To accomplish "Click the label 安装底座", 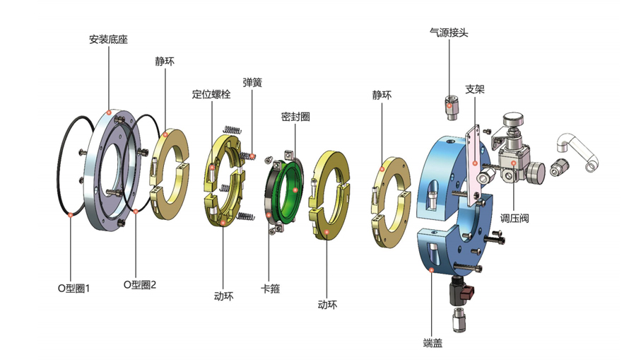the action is (108, 40).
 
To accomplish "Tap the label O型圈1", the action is (73, 289).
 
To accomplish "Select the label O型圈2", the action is (140, 285).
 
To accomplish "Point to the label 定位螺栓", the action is (211, 94).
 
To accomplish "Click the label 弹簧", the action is (252, 83).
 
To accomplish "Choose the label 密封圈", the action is (295, 117).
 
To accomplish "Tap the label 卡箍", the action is (270, 289).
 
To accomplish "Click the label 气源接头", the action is (449, 33).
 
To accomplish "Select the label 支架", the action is (475, 89).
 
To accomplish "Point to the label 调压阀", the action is (514, 218).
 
